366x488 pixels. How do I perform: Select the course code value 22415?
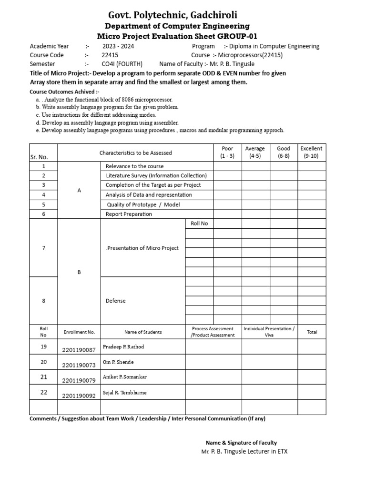tap(110, 55)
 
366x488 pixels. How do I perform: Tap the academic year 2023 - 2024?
tap(119, 46)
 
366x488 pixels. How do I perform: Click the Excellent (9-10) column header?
tap(311, 152)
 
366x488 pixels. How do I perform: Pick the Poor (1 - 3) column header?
tap(227, 152)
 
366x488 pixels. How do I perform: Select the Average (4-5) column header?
tap(255, 152)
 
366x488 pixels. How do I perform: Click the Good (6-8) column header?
tap(284, 152)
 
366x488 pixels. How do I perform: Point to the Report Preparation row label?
tap(129, 214)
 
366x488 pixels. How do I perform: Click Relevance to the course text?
tap(134, 166)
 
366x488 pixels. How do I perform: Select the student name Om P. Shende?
tap(119, 362)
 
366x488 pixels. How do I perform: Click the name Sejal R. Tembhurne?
tap(125, 393)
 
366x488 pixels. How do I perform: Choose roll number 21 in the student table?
tap(44, 377)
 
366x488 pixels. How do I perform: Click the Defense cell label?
tap(115, 301)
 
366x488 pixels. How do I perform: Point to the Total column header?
tap(312, 332)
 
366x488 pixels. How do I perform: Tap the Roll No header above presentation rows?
tap(199, 224)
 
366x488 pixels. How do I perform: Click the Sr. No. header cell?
tap(43, 157)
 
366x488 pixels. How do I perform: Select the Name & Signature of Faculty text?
tap(241, 443)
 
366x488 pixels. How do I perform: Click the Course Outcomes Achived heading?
tap(64, 91)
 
